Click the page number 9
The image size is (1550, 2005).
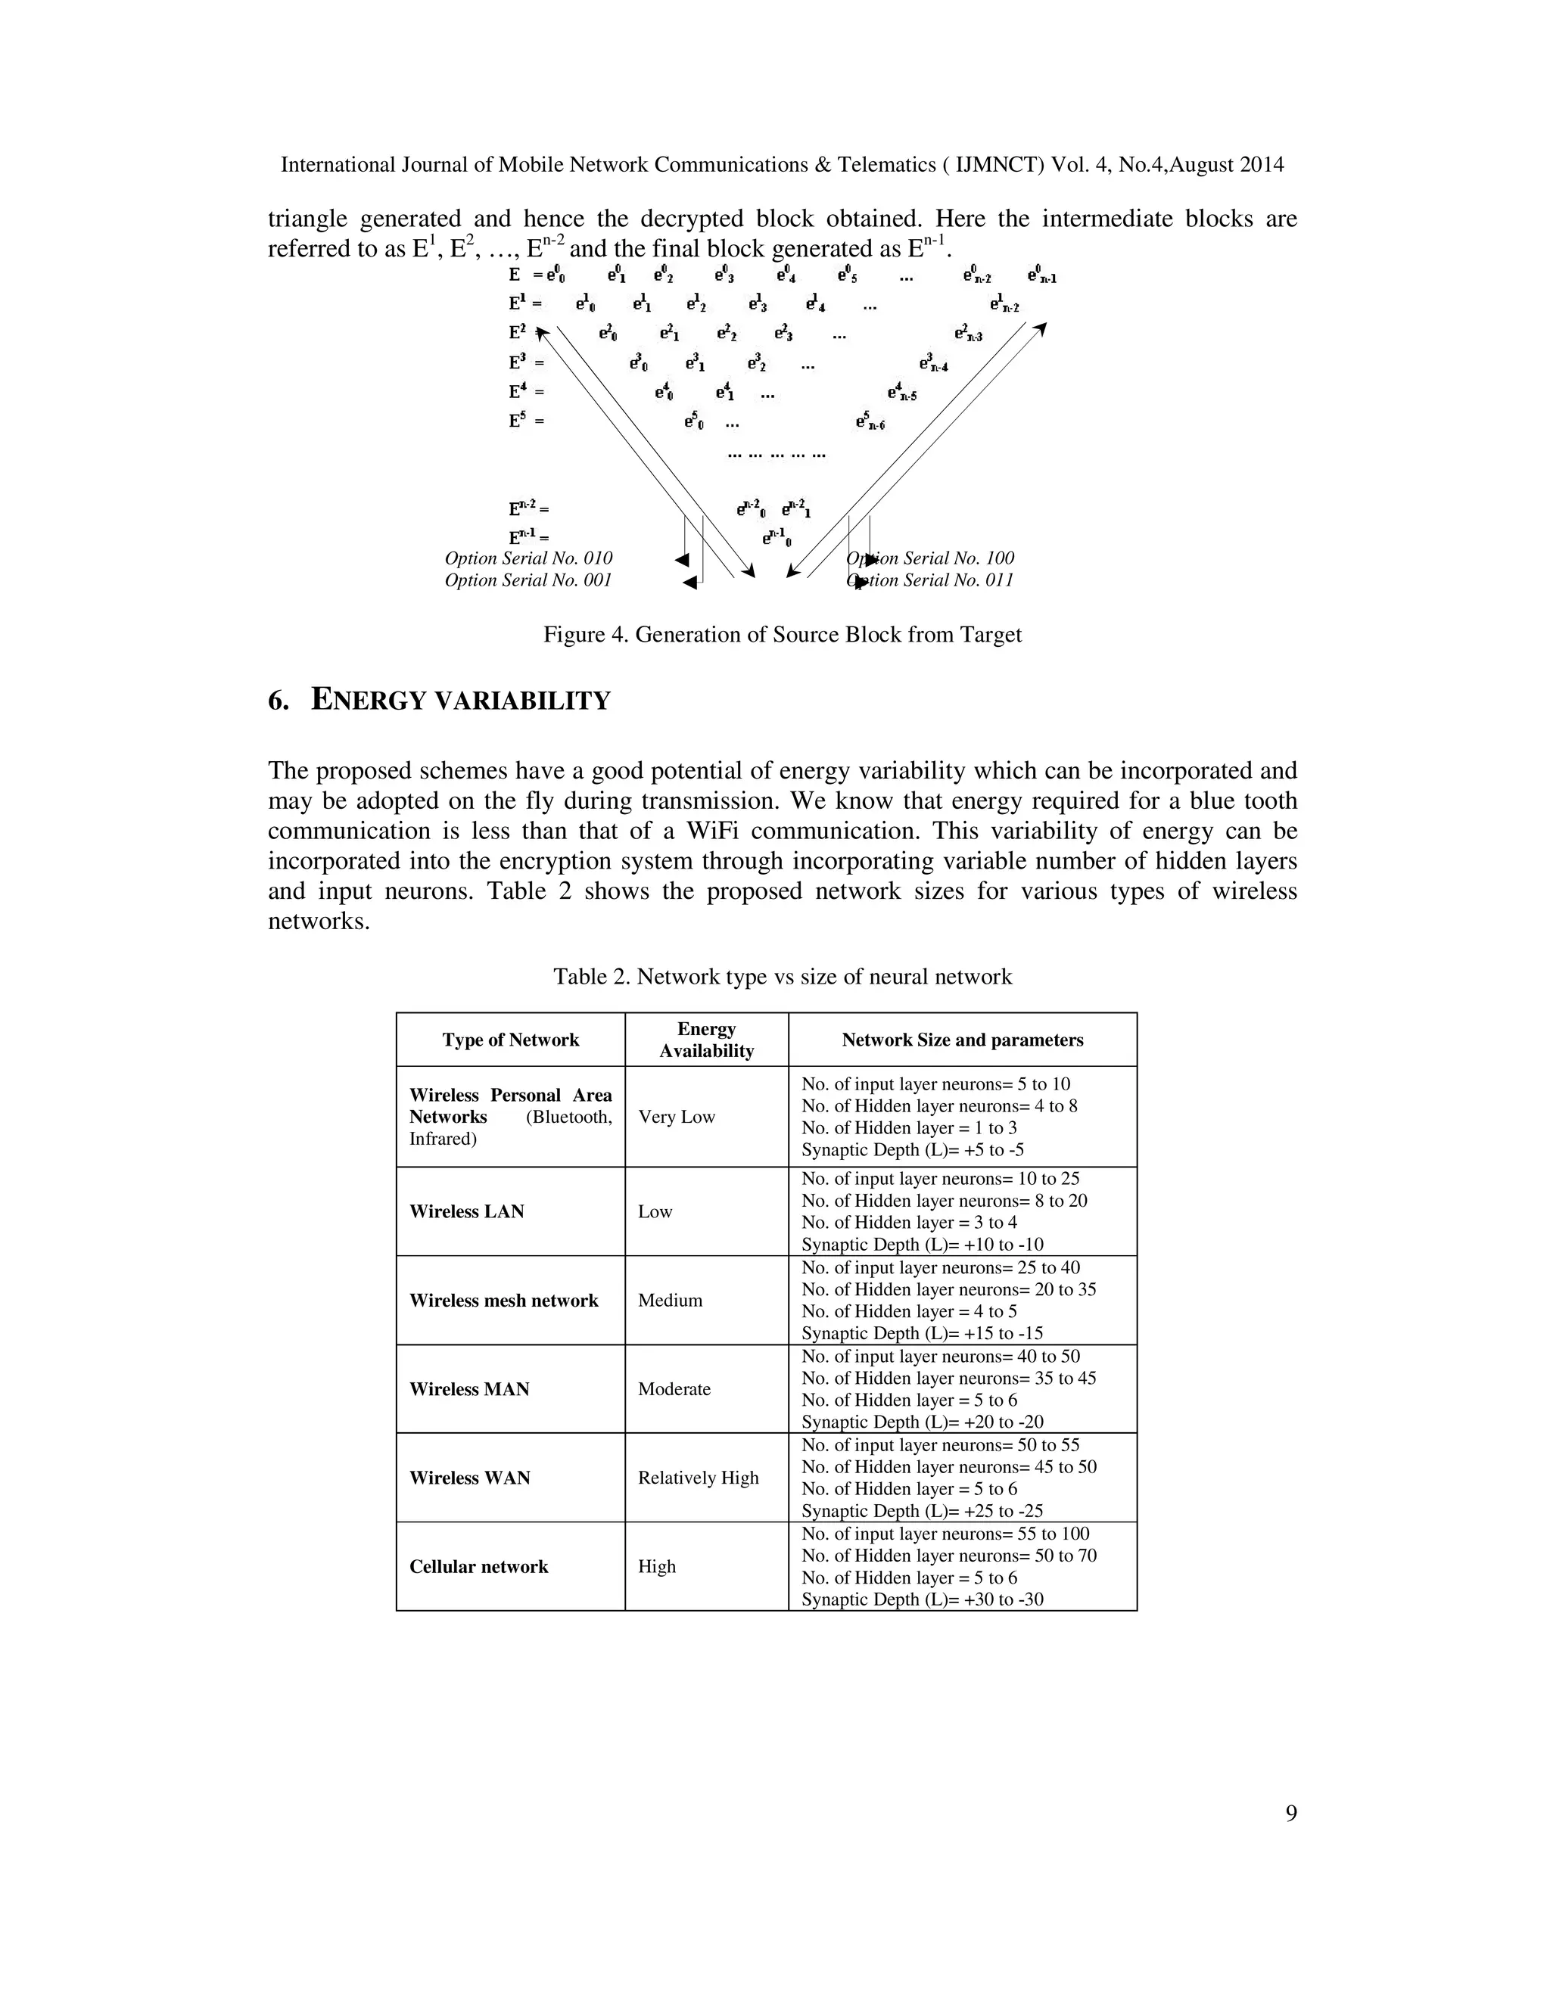coord(1290,1813)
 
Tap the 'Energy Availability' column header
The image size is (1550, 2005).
coord(706,1040)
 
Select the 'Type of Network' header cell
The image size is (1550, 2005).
coord(511,1040)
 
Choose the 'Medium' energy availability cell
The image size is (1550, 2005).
coord(671,1300)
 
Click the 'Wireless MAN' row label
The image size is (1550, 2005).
coord(469,1389)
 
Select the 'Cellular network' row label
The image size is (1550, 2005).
coord(478,1566)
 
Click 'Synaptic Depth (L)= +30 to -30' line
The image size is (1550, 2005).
coord(922,1599)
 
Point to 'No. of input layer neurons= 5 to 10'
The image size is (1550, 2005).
coord(935,1083)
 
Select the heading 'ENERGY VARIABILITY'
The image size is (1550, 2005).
coord(460,701)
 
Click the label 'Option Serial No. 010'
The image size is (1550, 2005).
coord(528,558)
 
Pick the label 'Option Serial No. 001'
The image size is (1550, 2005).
coord(528,580)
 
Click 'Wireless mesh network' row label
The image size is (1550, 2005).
coord(503,1300)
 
